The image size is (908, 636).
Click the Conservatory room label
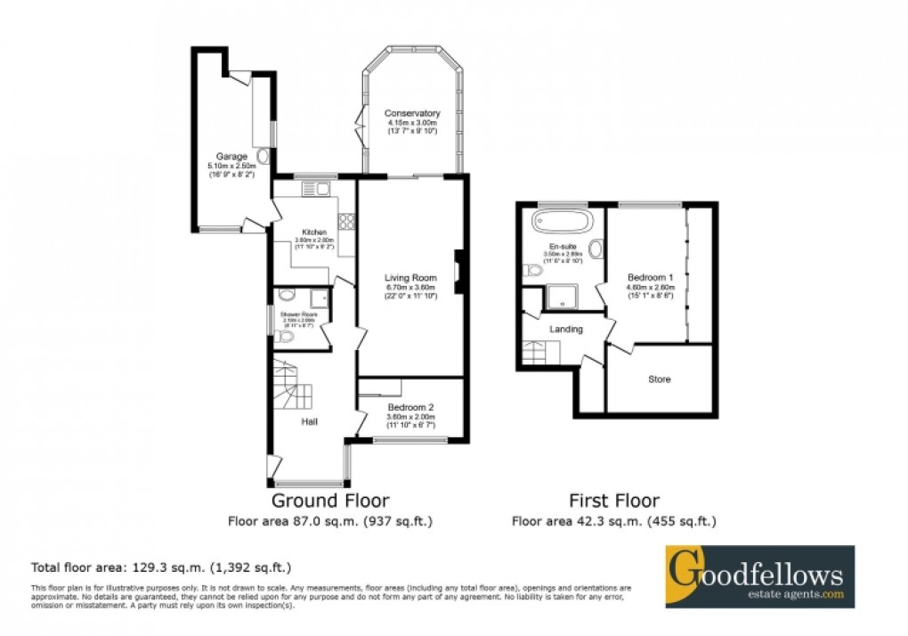pos(412,114)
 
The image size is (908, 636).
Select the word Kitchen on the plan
pos(314,232)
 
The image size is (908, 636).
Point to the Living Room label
pos(409,277)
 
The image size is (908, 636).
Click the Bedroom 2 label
pos(409,407)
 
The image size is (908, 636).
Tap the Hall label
pos(309,421)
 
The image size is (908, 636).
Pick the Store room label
pos(659,379)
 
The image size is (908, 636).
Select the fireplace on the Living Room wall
pos(458,271)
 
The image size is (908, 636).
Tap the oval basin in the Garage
pos(262,157)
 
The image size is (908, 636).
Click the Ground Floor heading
pos(329,501)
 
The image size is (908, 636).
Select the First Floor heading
pos(614,501)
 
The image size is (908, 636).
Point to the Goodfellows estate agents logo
pos(760,576)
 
